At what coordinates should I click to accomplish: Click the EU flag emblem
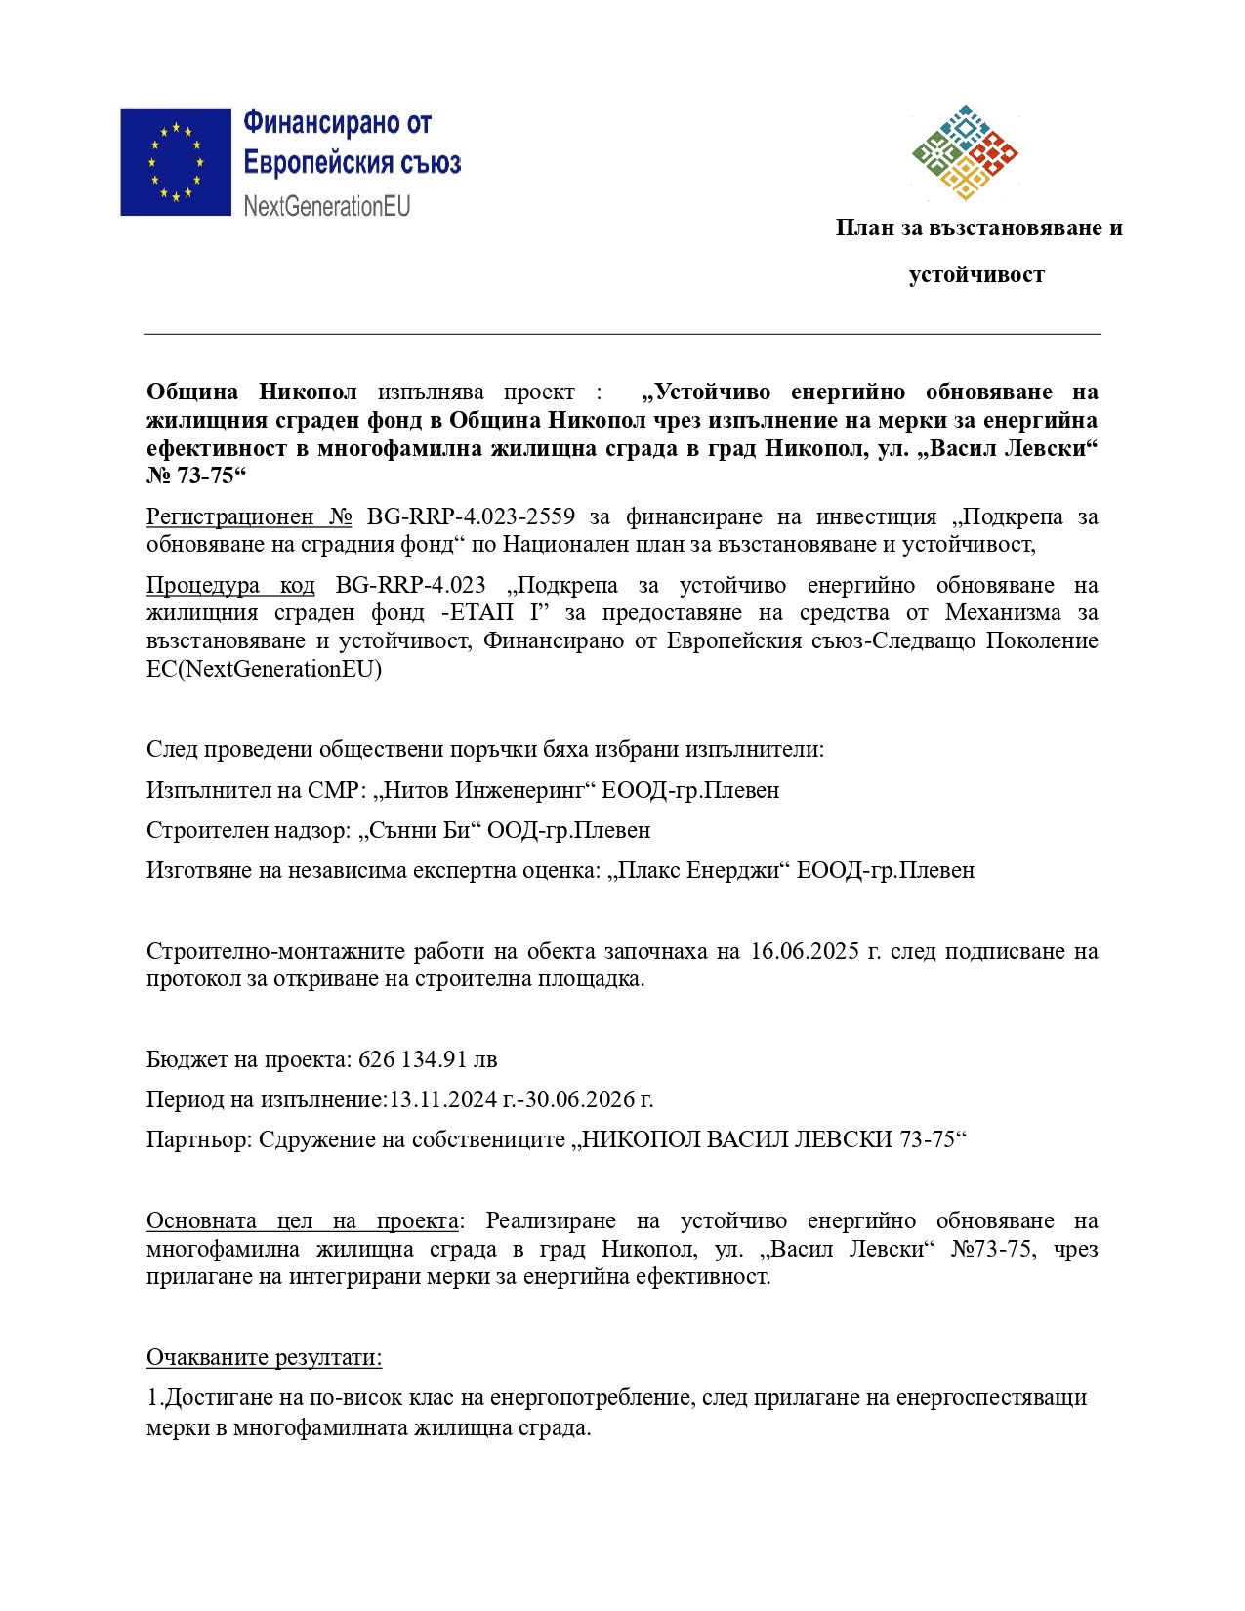pos(176,162)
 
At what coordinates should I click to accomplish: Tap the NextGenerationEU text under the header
pos(327,206)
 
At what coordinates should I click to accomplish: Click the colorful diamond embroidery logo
pos(965,153)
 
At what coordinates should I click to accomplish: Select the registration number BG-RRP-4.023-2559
pos(471,516)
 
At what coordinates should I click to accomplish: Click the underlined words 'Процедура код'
pos(230,585)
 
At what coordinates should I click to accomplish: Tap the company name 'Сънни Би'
pos(423,830)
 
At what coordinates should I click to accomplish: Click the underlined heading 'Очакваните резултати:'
pos(264,1357)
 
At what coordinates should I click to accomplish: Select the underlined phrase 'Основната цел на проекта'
pos(302,1220)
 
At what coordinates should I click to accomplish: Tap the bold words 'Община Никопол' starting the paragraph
pos(251,392)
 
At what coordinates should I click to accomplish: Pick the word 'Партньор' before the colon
pos(196,1139)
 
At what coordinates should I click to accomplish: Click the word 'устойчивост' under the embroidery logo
pos(976,275)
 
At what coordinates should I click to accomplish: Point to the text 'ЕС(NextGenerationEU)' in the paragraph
pos(264,669)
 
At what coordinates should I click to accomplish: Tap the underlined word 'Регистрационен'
pos(229,516)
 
